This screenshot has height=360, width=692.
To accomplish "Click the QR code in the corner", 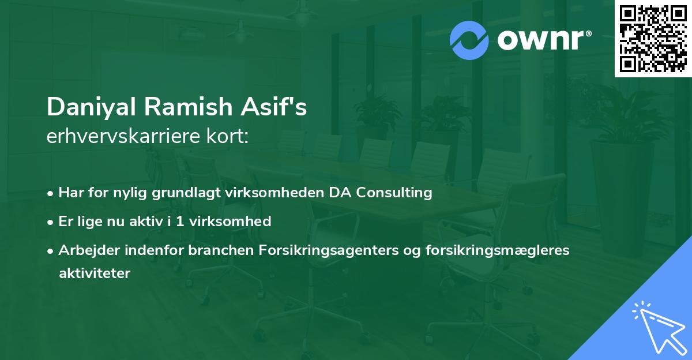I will coord(653,38).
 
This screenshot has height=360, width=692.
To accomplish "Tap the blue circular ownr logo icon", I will coord(469,40).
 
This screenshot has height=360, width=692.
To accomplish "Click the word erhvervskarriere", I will coord(119,137).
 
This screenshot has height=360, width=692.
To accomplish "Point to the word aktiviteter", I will coord(95,273).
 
